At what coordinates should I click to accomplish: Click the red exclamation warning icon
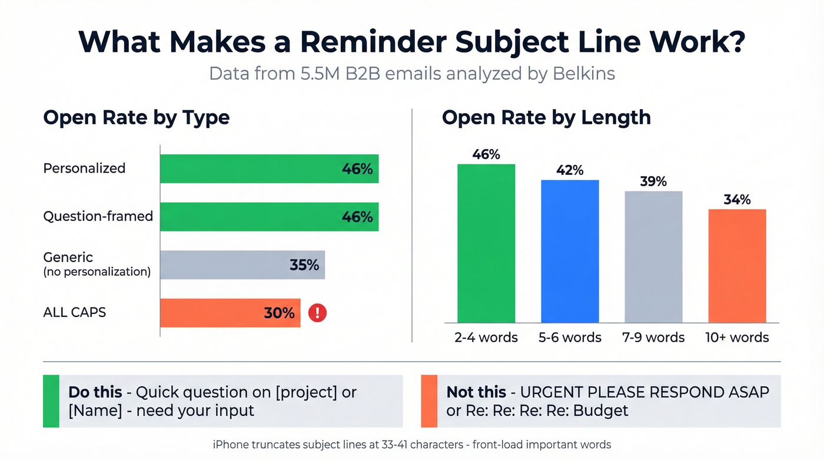pos(317,313)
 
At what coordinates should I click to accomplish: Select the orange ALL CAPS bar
pos(230,313)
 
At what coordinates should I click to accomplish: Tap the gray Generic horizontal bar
pos(242,265)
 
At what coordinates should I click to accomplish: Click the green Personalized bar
pos(269,168)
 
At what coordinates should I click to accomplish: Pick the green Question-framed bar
pos(269,217)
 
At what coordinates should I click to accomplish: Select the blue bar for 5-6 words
pos(570,251)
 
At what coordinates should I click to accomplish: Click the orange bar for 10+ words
pos(737,266)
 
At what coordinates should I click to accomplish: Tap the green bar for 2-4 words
pos(486,243)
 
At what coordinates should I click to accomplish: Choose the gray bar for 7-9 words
pos(653,257)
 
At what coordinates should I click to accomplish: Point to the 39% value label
pos(653,181)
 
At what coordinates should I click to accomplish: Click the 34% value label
pos(737,200)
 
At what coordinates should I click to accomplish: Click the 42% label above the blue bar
pos(570,170)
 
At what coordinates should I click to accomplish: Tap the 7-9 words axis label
pos(653,337)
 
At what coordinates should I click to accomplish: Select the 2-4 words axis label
pos(486,337)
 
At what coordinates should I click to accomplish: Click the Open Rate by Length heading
pos(546,117)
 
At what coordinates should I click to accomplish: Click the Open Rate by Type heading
pos(136,117)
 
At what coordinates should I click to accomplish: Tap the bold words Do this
pos(95,392)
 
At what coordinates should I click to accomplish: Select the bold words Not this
pos(476,392)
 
